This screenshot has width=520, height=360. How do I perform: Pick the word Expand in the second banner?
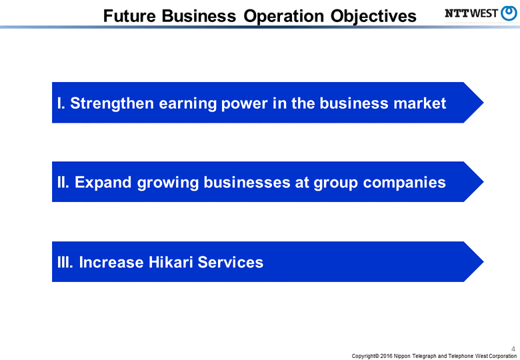[103, 182]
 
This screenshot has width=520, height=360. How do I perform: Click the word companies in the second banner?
[404, 182]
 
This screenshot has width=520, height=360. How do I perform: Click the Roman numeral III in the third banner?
[65, 262]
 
